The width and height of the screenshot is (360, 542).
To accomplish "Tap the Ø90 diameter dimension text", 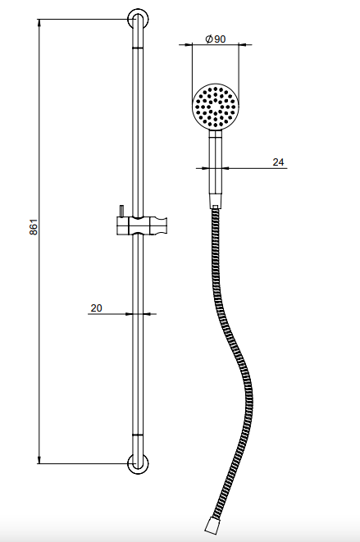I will click(x=215, y=39).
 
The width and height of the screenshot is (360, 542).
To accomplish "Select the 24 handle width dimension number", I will click(x=278, y=162).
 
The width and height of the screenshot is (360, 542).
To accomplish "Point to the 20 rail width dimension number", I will click(x=96, y=307).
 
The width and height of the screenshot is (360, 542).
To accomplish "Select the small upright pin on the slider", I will click(x=121, y=212).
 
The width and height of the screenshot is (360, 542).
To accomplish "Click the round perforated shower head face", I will click(x=216, y=107).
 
